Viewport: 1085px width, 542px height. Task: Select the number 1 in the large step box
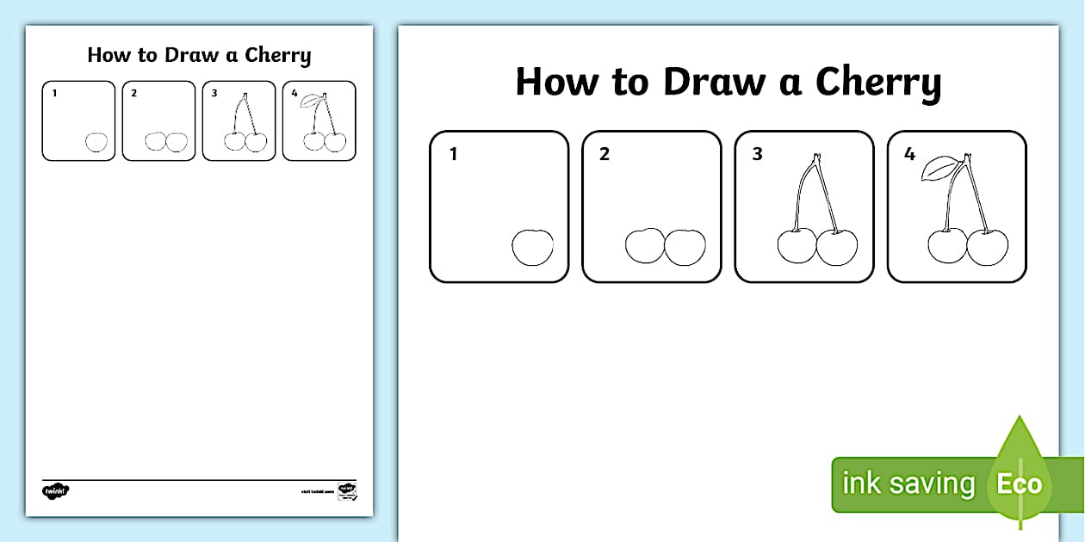[x=453, y=156]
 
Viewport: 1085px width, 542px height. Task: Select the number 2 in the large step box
[x=604, y=156]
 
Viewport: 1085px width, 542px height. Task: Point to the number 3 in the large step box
[x=757, y=156]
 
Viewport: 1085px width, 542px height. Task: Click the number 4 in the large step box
[x=909, y=156]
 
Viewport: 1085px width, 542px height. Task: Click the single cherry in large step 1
[x=532, y=247]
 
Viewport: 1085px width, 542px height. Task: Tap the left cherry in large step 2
[x=643, y=246]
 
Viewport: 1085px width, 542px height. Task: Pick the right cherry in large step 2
[x=685, y=247]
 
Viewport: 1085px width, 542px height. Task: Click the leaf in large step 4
[x=938, y=169]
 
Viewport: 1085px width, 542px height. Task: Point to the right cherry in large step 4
[x=988, y=247]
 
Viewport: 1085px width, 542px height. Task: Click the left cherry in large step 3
[x=796, y=246]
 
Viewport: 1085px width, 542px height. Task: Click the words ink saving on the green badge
[x=908, y=483]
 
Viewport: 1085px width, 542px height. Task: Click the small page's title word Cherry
[x=277, y=56]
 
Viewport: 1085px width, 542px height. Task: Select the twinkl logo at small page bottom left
[x=55, y=491]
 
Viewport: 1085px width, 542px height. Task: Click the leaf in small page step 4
[x=307, y=101]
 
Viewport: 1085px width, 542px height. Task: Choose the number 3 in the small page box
[x=214, y=93]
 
